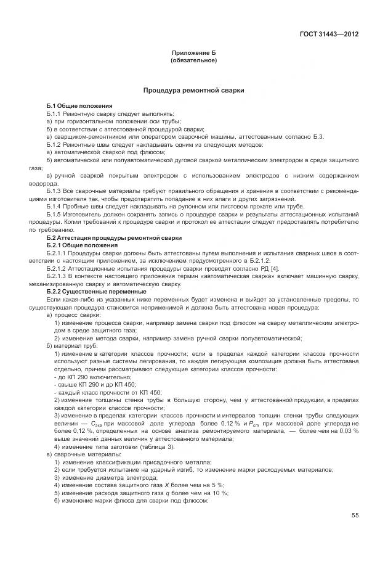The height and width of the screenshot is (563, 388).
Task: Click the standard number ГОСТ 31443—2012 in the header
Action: tap(328, 35)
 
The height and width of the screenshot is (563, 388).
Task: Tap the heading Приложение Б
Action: tap(193, 54)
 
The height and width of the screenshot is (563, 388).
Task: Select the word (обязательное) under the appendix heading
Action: tap(193, 60)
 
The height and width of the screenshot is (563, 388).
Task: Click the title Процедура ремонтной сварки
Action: tap(193, 91)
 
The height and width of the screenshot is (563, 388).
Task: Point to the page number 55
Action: tap(355, 516)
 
